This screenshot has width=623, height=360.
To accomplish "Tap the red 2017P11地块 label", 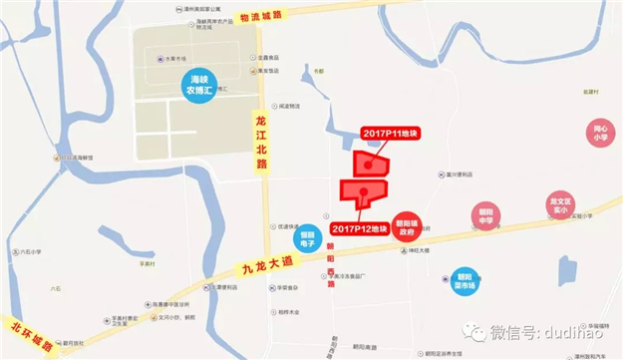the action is [388, 134].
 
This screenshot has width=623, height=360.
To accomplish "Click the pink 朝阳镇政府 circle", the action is [406, 226].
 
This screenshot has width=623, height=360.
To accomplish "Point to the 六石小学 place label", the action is [29, 252].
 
